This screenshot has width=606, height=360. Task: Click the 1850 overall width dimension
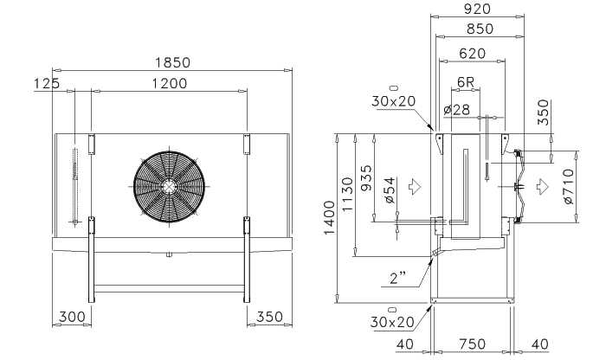[173, 62]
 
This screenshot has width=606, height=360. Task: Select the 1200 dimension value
[169, 83]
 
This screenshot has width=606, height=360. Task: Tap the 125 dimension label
[47, 83]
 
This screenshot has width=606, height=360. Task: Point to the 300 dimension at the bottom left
[72, 317]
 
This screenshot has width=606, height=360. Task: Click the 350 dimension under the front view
[270, 317]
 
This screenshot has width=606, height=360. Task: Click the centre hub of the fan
[169, 187]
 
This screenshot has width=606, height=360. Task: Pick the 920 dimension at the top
[477, 9]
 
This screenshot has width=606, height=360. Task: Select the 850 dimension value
[480, 29]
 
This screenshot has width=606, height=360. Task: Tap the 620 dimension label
[473, 54]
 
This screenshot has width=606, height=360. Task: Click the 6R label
[466, 82]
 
